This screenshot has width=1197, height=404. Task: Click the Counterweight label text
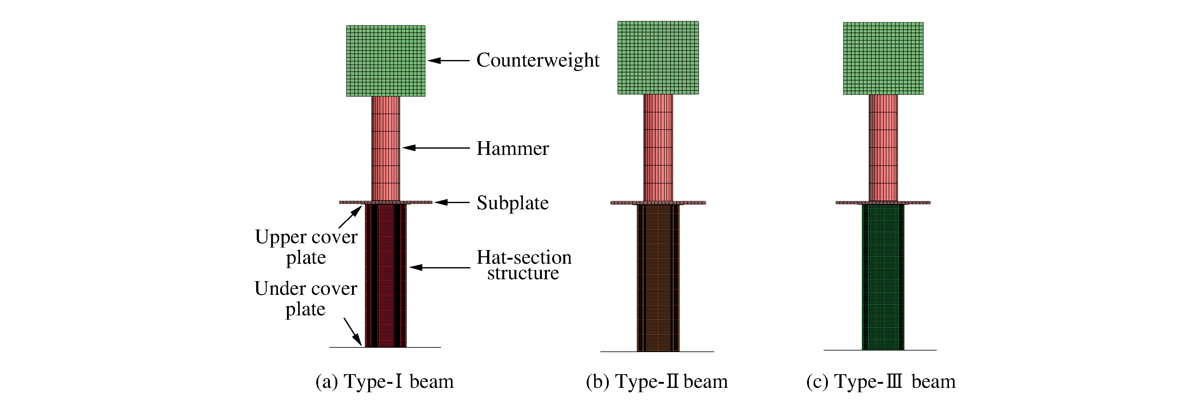click(537, 60)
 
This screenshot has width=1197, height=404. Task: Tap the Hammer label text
click(513, 149)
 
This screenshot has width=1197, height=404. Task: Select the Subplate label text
click(513, 203)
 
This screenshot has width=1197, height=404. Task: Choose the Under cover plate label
click(306, 298)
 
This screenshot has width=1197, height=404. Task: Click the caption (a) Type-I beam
click(384, 382)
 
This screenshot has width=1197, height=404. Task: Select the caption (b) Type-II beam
click(657, 382)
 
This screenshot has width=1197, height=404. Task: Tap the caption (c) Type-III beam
click(880, 382)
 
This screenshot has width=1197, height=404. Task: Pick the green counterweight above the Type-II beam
click(658, 58)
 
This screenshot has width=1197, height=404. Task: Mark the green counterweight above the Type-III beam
click(883, 58)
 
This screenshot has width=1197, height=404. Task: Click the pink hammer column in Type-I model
click(386, 149)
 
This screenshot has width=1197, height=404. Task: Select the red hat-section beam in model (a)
click(386, 276)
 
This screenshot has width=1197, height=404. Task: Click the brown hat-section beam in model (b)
click(658, 278)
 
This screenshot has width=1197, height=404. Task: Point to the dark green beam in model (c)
click(883, 277)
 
